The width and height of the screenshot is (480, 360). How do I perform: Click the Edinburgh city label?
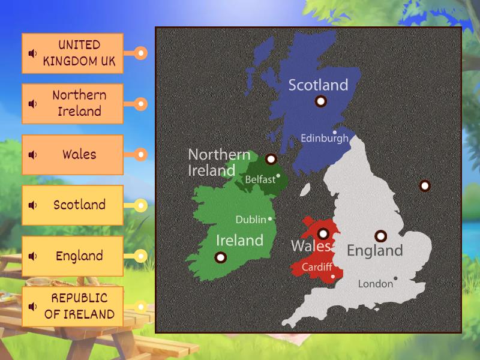[x=324, y=138]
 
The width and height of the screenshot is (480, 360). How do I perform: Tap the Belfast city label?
[x=260, y=179]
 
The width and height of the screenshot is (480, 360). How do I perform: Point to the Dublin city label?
[x=250, y=220]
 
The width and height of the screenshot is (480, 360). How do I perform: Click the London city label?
[x=375, y=284]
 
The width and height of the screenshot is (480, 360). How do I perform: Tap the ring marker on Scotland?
[x=320, y=101]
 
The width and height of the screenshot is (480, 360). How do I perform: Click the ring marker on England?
[x=380, y=236]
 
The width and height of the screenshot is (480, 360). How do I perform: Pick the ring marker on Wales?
[x=323, y=234]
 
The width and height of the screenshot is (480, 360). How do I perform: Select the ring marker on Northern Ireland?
[x=271, y=159]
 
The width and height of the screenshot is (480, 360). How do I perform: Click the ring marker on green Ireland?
[x=220, y=257]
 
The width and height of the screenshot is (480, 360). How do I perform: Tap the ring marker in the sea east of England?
[x=425, y=185]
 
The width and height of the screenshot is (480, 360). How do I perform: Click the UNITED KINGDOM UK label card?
[x=73, y=53]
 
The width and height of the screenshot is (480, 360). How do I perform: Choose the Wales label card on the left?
[x=73, y=154]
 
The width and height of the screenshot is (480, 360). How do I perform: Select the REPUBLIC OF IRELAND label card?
[x=73, y=306]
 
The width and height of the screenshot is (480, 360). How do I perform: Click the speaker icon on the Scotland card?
[x=32, y=205]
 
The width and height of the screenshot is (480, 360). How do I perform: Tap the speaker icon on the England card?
[x=32, y=256]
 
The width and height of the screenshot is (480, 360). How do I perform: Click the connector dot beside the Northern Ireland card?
[x=140, y=104]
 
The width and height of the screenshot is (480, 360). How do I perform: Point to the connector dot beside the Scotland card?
[x=140, y=205]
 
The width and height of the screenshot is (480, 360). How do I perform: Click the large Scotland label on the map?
[x=318, y=85]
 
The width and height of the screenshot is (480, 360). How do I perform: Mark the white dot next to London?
[x=395, y=278]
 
